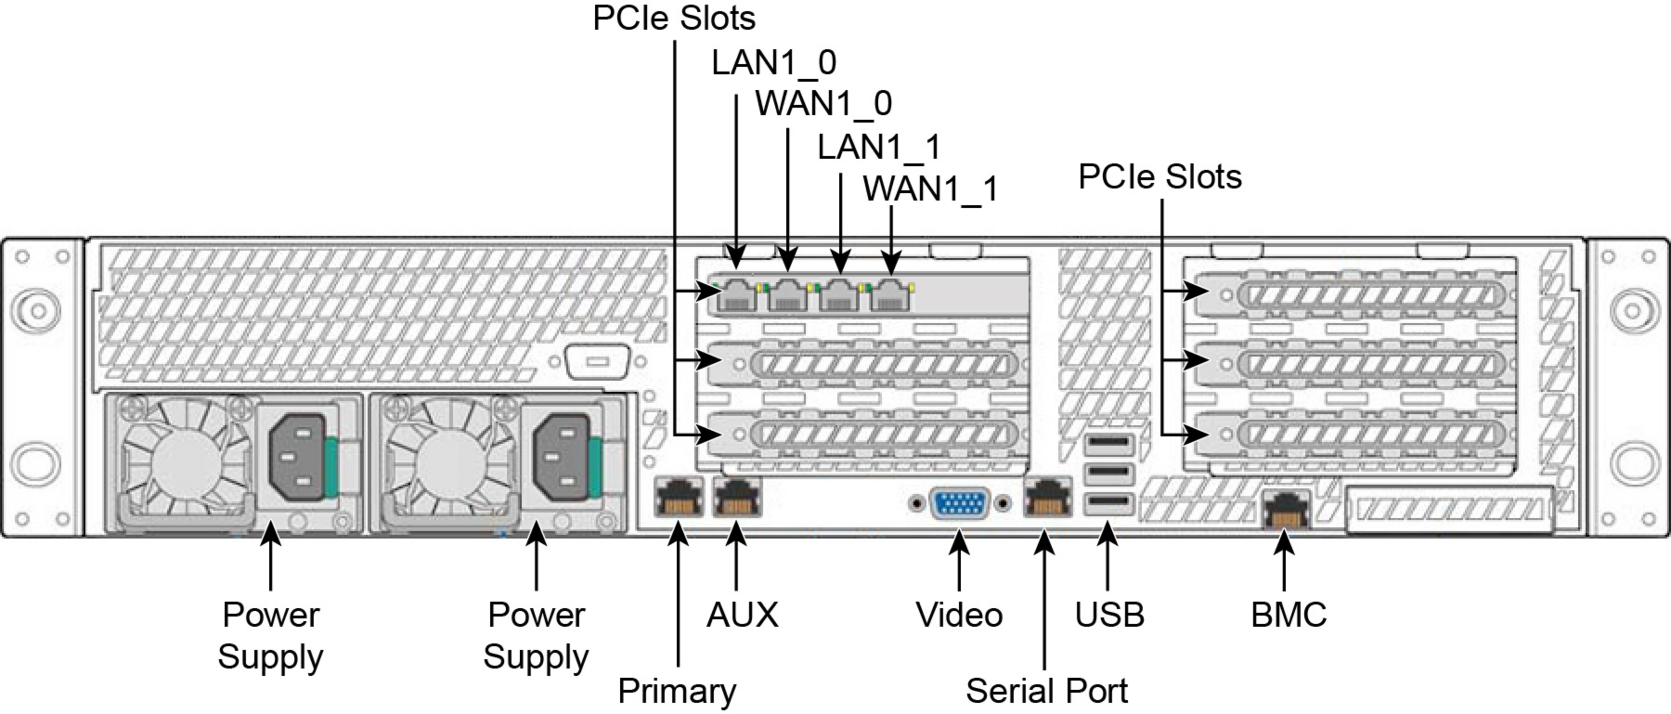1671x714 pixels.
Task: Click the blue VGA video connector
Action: pyautogui.click(x=960, y=504)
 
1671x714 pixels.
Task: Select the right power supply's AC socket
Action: pyautogui.click(x=562, y=458)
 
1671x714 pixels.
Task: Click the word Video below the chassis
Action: pyautogui.click(x=959, y=615)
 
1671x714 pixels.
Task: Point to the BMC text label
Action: pyautogui.click(x=1288, y=615)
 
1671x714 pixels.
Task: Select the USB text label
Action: pyautogui.click(x=1109, y=615)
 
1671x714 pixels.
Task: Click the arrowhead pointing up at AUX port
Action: pyautogui.click(x=736, y=534)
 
